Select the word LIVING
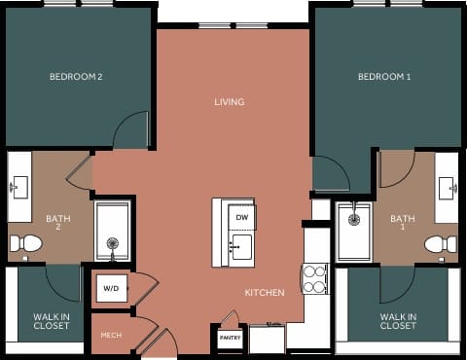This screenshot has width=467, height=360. pos(230,101)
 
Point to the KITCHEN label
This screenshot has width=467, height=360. pos(265,292)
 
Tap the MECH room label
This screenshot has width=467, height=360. pos(111,336)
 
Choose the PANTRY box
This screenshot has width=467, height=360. pos(230,338)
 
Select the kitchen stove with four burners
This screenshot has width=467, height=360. pos(315,279)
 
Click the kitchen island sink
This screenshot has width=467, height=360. pos(240,244)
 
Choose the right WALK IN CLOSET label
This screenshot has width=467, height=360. pos(398,321)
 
